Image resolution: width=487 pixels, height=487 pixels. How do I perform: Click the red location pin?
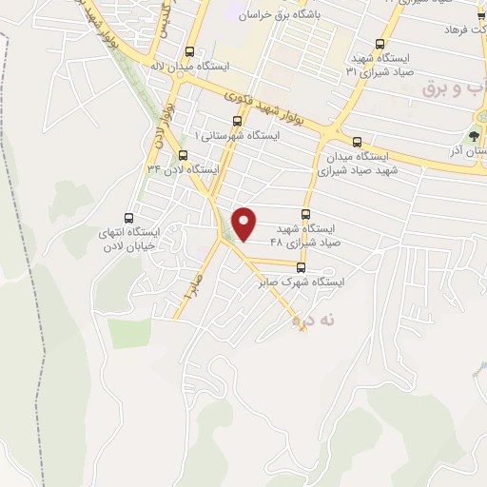coord(246,223)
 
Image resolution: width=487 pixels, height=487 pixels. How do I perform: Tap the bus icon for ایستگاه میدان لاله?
coord(190,53)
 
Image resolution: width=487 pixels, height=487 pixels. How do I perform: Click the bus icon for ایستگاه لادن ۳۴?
coord(183,154)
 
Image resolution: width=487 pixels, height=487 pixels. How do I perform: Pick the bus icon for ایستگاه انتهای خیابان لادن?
coord(129,218)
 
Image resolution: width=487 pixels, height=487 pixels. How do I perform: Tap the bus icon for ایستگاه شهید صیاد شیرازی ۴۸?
coord(305,215)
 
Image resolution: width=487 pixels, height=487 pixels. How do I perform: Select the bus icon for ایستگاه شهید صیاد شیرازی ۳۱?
coord(380,44)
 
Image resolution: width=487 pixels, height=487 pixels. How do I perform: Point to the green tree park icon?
coord(475,135)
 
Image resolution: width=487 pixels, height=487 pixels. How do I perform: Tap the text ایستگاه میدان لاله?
coord(190,68)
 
